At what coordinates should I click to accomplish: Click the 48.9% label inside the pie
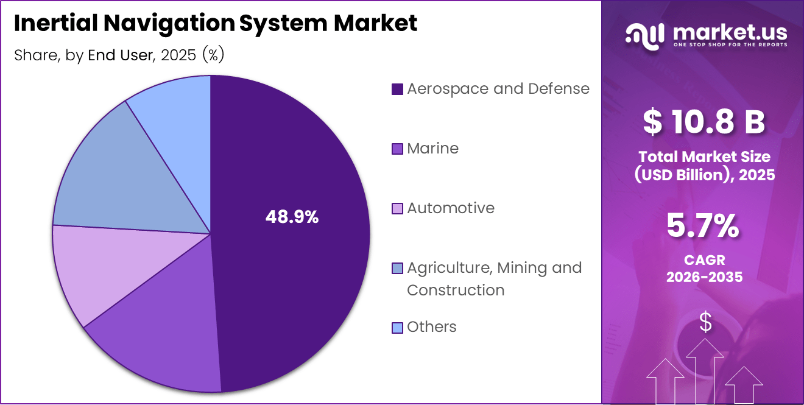coord(292,217)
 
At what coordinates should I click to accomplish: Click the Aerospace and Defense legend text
coord(498,89)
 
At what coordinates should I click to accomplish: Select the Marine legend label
coord(432,149)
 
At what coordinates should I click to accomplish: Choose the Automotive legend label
coord(450,208)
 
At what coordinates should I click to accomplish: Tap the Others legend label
coord(431,327)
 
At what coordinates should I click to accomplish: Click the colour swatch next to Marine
coord(397,149)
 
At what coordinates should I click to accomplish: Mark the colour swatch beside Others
coord(397,328)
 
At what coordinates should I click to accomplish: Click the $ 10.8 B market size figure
coord(704,121)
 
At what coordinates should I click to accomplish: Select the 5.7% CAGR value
coord(703,227)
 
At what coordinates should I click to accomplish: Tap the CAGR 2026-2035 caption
coord(704,269)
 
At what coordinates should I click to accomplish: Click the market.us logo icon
coord(644,36)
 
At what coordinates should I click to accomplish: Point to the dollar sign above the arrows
coord(705,322)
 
